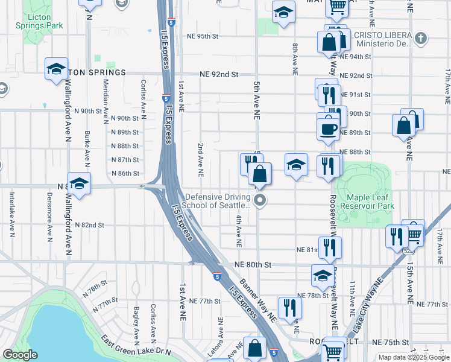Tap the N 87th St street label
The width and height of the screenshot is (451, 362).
pos(125,160)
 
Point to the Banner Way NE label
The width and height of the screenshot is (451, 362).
pos(257,300)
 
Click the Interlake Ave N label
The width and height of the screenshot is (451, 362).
pos(11,214)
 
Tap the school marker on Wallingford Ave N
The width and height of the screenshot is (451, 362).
pos(79,183)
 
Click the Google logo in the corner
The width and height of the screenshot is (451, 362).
pos(20,355)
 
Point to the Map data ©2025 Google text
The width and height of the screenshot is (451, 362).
pos(414,357)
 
